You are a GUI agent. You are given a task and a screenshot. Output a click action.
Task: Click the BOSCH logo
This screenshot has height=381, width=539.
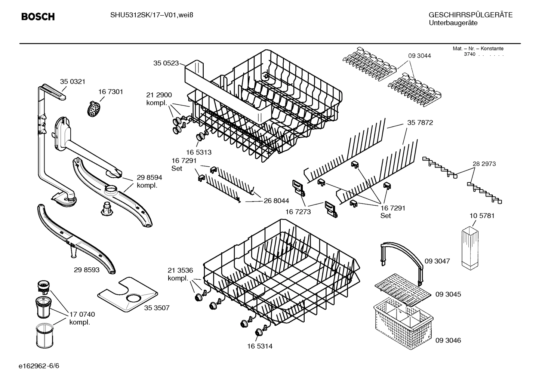pyautogui.click(x=38, y=16)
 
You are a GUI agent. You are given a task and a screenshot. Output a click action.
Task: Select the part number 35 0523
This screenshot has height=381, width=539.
pyautogui.click(x=166, y=63)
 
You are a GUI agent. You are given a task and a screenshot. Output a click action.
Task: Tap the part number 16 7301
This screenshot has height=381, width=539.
pyautogui.click(x=111, y=92)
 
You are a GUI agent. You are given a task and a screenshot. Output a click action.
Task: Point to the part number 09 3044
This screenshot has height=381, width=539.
pyautogui.click(x=419, y=56)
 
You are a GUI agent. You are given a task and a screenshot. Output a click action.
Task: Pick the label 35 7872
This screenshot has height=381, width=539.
pyautogui.click(x=420, y=123)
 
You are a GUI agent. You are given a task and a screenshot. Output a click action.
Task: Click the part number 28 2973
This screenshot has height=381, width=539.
pyautogui.click(x=484, y=164)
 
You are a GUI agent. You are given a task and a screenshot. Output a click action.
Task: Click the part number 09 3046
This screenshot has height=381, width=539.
pyautogui.click(x=448, y=340)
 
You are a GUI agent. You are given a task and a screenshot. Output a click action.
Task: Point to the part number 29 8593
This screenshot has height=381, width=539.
pyautogui.click(x=87, y=270)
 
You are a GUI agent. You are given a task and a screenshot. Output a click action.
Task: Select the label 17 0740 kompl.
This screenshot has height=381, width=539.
pyautogui.click(x=82, y=319)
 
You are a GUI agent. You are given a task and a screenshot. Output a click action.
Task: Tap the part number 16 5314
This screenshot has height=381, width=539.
pyautogui.click(x=260, y=346)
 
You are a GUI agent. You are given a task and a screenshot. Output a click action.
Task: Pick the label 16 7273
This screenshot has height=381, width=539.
pyautogui.click(x=298, y=212)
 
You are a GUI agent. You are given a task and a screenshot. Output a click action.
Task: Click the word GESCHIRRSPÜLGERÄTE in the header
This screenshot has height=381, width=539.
pyautogui.click(x=470, y=15)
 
